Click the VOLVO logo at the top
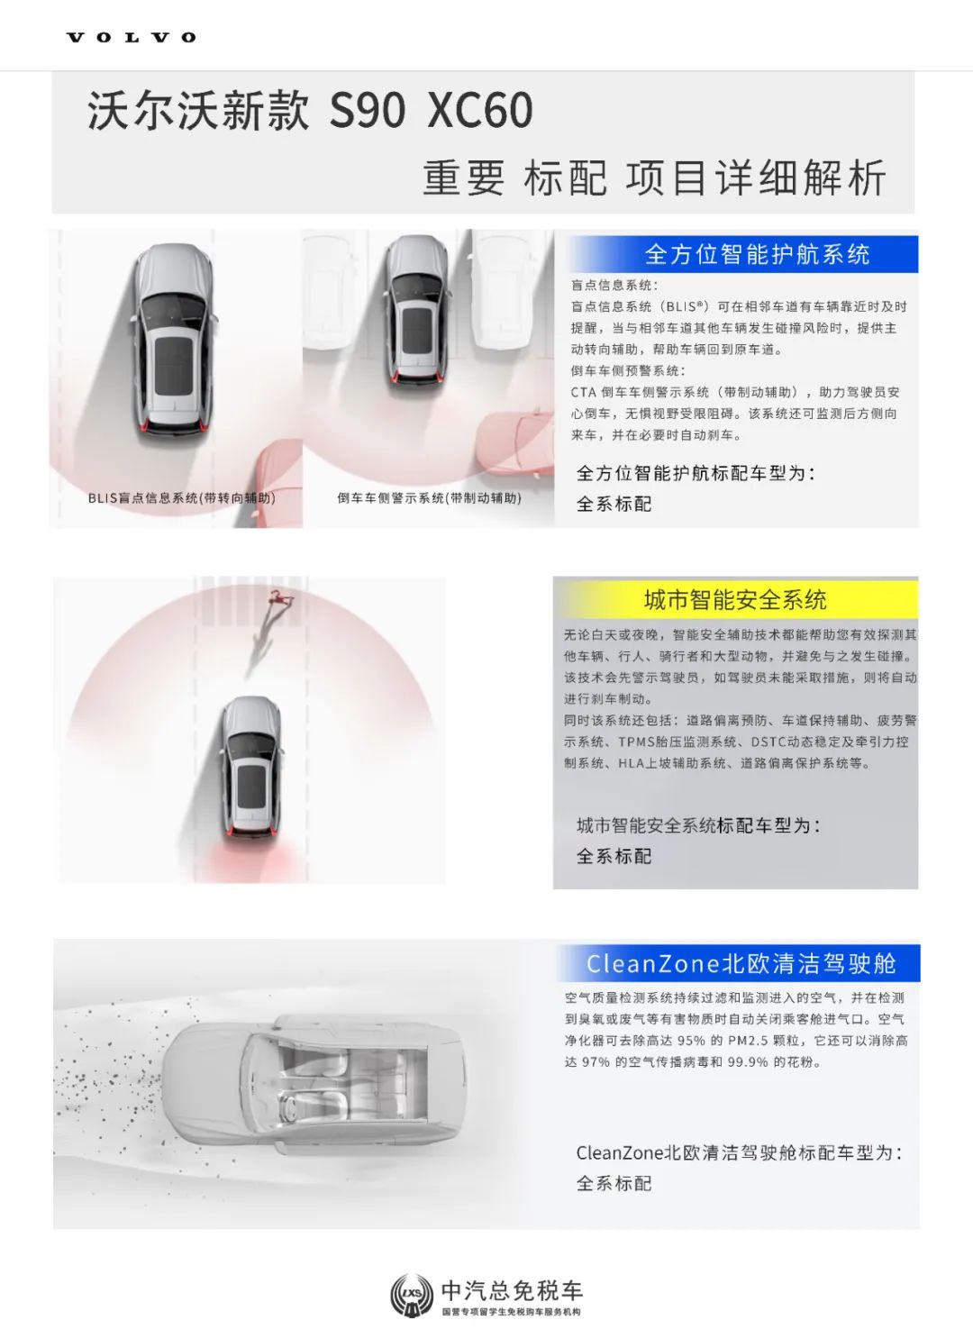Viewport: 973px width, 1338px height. (131, 38)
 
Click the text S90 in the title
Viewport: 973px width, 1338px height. (368, 111)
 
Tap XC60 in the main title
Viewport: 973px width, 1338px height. (480, 111)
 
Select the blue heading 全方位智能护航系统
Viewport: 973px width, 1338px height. (757, 254)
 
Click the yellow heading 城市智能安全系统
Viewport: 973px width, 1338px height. (735, 600)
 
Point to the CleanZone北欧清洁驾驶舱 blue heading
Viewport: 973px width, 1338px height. (741, 963)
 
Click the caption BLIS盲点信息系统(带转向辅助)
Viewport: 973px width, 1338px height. (182, 497)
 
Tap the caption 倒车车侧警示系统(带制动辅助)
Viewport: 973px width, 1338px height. (429, 497)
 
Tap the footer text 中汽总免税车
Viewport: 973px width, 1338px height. (512, 1290)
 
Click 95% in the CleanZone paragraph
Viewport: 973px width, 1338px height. (692, 1041)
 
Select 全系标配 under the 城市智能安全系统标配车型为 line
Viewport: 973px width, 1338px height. (614, 857)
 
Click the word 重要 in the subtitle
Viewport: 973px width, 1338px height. (463, 177)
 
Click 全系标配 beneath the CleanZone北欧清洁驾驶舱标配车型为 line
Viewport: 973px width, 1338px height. (614, 1183)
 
